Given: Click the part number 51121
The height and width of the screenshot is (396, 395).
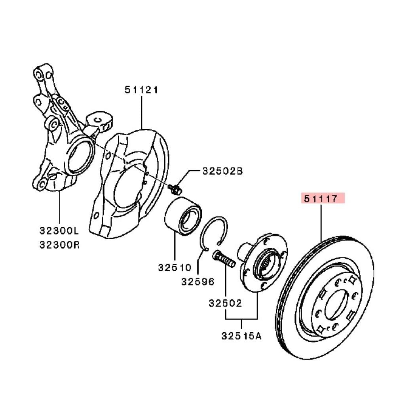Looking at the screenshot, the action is point(141,89).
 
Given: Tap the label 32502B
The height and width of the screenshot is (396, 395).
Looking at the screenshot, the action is point(222,171).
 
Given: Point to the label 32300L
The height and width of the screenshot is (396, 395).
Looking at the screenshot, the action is point(59,230).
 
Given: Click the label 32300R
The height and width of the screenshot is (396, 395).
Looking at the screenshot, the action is point(59,245).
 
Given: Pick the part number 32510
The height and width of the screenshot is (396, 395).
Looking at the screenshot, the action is point(175,267).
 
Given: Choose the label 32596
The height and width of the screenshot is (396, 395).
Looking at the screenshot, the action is point(197,282).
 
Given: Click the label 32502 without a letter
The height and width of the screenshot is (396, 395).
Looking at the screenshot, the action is point(225,303).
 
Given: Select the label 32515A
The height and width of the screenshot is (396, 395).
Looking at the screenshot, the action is point(241,336).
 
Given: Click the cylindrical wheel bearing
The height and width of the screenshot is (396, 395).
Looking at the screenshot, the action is point(183,217).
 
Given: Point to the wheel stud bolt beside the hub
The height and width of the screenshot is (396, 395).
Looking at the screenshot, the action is point(224,259).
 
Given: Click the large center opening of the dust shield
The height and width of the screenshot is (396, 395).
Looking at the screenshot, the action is point(127,188).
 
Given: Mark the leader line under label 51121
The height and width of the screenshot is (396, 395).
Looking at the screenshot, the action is point(142,112).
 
